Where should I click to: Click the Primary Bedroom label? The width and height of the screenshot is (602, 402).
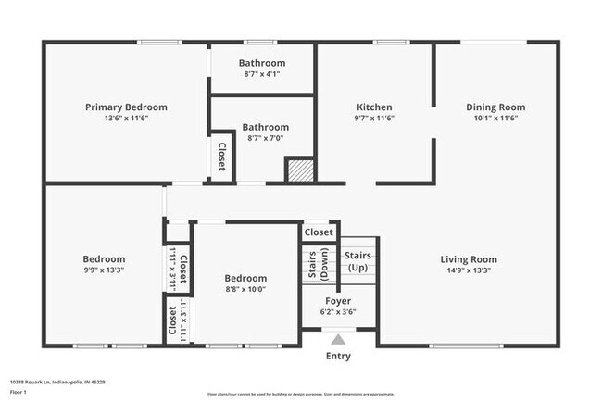pyautogui.click(x=126, y=107)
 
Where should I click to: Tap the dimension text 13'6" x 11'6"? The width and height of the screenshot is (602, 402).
pyautogui.click(x=126, y=119)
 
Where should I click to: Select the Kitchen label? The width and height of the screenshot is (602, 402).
pyautogui.click(x=374, y=107)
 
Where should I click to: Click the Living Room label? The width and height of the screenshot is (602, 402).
pyautogui.click(x=468, y=259)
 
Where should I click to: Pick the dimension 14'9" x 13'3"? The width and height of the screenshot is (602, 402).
pyautogui.click(x=468, y=271)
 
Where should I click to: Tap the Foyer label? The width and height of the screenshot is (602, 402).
pyautogui.click(x=337, y=301)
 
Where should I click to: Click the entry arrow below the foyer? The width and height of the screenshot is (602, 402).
pyautogui.click(x=338, y=339)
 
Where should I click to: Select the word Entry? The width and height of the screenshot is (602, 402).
pyautogui.click(x=338, y=356)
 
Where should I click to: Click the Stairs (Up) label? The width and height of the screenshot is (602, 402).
pyautogui.click(x=357, y=260)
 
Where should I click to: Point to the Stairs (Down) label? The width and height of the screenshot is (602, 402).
pyautogui.click(x=318, y=264)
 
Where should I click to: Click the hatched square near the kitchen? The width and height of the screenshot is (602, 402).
pyautogui.click(x=299, y=170)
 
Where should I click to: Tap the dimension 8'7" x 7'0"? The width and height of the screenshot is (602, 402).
pyautogui.click(x=265, y=138)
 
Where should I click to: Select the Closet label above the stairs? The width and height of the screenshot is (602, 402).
pyautogui.click(x=319, y=232)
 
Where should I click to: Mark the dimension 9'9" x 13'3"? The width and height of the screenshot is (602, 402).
pyautogui.click(x=104, y=270)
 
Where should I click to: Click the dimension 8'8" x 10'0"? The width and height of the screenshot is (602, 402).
pyautogui.click(x=245, y=289)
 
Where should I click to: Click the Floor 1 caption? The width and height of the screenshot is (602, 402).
pyautogui.click(x=19, y=392)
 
